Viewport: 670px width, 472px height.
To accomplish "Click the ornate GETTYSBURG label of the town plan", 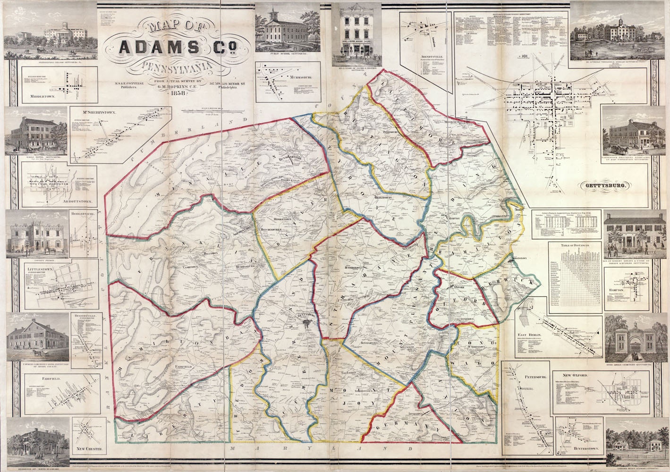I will (x=607, y=186).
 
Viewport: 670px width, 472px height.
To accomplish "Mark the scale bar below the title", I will (x=215, y=112).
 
